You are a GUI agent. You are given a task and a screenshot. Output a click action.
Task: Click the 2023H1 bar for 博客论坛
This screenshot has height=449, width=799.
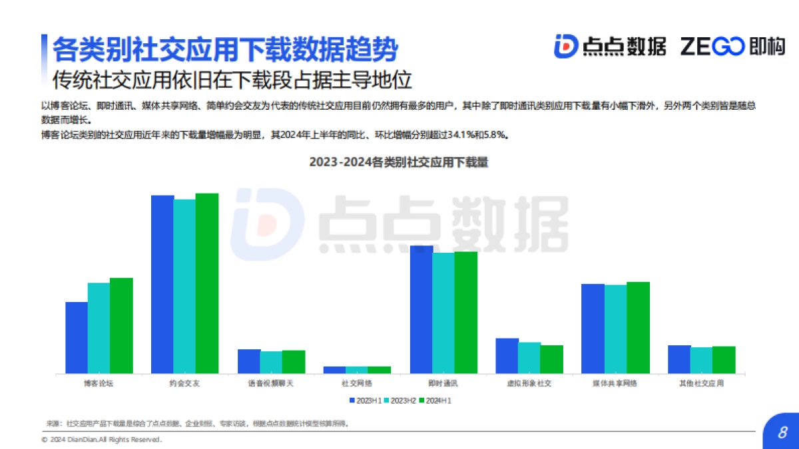(x=77, y=337)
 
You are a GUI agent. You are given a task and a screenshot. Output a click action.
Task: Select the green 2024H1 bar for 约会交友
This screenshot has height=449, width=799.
(x=206, y=283)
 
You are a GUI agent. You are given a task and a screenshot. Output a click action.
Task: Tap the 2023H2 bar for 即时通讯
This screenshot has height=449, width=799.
(x=443, y=313)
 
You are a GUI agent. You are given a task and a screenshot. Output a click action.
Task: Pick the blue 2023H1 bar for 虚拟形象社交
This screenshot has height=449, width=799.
(x=507, y=355)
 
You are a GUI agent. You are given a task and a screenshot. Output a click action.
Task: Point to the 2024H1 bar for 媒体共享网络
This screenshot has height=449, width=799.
(x=638, y=327)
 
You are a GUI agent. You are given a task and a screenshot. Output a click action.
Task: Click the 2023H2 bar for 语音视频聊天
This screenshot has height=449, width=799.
(x=271, y=362)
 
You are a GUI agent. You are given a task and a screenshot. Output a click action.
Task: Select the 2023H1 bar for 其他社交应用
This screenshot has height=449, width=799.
(x=679, y=359)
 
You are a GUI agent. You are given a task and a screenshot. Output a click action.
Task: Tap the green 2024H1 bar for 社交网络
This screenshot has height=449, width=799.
(x=379, y=369)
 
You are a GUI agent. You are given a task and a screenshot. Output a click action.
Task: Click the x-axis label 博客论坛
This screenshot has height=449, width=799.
(x=99, y=384)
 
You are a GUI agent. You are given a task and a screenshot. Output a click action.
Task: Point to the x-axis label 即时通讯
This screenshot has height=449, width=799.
(x=443, y=384)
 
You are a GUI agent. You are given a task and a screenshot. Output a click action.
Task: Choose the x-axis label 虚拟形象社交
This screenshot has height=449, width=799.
(x=529, y=384)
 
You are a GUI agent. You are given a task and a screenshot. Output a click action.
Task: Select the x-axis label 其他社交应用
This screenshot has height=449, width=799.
(x=701, y=384)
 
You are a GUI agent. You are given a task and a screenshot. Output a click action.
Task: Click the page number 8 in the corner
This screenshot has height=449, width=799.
(x=782, y=432)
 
